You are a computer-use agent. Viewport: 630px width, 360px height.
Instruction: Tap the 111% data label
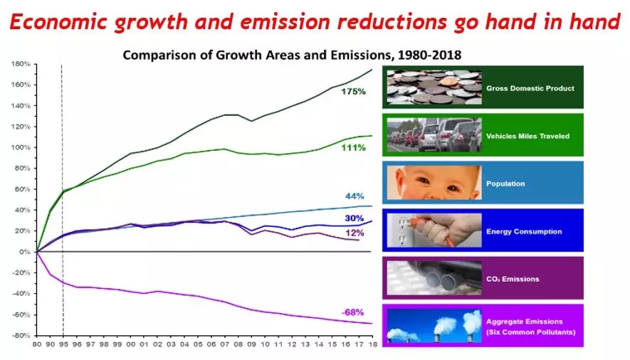[352, 147]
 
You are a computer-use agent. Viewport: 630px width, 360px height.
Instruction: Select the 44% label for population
[354, 196]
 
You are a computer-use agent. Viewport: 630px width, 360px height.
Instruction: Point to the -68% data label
[352, 313]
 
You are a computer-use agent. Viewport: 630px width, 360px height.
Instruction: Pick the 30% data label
[354, 218]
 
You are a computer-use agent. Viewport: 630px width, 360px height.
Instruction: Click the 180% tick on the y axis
[20, 64]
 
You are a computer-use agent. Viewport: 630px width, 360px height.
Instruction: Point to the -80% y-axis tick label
[20, 335]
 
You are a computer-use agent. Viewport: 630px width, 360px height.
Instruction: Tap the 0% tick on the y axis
[23, 252]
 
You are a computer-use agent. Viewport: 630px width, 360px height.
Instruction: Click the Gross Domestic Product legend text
[530, 88]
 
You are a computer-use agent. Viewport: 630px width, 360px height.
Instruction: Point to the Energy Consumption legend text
[524, 231]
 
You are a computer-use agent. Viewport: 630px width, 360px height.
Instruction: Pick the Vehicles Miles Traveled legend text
[527, 136]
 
